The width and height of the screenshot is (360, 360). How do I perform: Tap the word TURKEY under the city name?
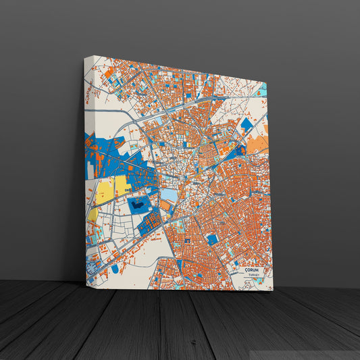[x=253, y=276]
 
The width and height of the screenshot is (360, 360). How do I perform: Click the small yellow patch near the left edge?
[x=93, y=215]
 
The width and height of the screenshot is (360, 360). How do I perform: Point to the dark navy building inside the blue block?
[x=138, y=203]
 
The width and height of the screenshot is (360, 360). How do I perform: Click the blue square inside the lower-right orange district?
[x=212, y=239]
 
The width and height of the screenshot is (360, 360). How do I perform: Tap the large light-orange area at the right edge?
[x=257, y=143]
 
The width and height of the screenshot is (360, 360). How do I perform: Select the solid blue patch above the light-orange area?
[x=247, y=125]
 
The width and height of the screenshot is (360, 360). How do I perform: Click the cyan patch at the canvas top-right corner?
[x=263, y=89]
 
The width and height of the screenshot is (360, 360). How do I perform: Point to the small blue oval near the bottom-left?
[x=115, y=269]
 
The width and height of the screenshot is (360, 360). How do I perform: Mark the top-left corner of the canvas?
[x=85, y=57]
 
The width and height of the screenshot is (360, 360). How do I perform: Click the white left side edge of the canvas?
[x=86, y=169]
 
